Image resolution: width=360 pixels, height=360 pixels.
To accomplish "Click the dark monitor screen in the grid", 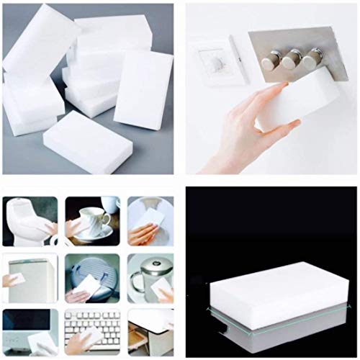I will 22,322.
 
